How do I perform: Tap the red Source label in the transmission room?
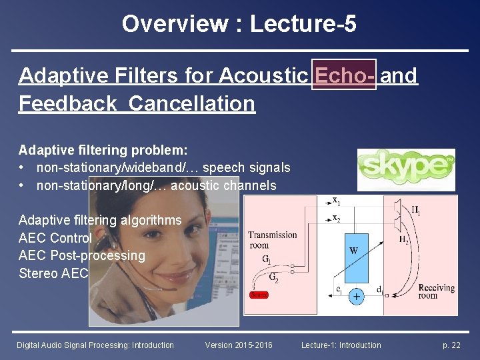click(258, 295)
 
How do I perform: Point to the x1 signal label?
click(337, 201)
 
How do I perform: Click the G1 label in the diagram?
click(266, 258)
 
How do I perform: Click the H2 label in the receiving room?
click(404, 240)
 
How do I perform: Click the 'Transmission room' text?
click(272, 239)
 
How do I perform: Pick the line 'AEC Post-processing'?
click(81, 255)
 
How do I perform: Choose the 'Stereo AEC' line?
click(53, 273)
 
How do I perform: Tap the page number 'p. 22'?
click(451, 345)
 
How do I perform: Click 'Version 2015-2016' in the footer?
click(239, 345)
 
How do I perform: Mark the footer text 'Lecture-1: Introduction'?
click(341, 345)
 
